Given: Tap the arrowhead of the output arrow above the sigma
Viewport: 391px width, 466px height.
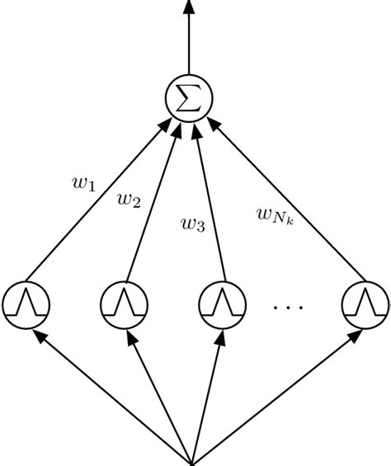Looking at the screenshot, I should coord(190,7).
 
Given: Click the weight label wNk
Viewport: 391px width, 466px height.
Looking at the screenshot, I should coord(271,217).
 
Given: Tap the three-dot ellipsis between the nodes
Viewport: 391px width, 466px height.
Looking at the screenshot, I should coord(289,307).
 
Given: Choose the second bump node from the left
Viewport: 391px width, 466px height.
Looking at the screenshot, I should coord(124,304).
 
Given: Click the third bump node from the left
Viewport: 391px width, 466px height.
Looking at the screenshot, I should coord(221,304).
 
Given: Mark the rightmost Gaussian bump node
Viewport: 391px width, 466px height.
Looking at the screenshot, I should coord(365,304).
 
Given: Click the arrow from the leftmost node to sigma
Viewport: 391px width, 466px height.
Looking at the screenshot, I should coord(99,198).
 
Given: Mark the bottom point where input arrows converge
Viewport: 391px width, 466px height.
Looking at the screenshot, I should coord(193,460).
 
